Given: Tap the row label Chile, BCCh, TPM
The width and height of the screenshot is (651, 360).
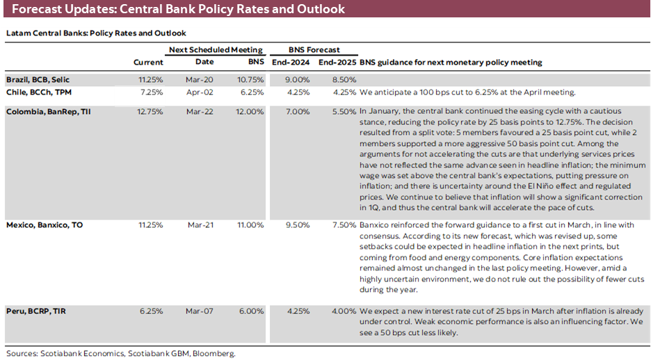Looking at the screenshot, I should click(x=39, y=92).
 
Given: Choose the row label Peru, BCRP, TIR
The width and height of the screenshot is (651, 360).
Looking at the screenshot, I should click(x=37, y=311).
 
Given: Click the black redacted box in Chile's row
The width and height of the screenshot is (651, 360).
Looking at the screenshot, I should click(x=140, y=96).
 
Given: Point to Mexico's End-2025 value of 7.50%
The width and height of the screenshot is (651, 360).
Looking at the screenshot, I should click(x=344, y=224).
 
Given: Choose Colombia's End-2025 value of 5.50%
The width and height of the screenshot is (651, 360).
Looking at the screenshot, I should click(x=344, y=111).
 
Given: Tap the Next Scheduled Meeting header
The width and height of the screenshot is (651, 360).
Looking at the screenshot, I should click(x=216, y=50).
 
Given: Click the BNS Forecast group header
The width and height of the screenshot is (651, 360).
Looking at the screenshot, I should click(x=314, y=50).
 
